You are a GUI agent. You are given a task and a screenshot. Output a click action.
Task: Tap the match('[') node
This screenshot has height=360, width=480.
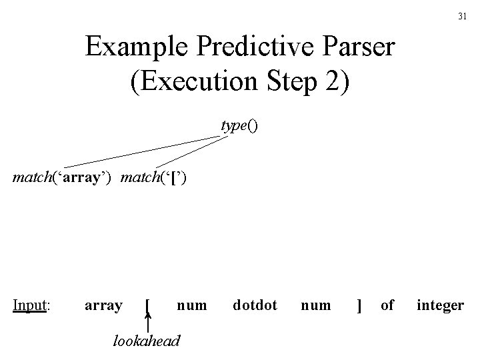click(160, 178)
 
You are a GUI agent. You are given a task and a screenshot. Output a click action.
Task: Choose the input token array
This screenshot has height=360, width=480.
click(103, 305)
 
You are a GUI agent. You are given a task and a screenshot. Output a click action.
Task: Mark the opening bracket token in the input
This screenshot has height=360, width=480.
click(147, 306)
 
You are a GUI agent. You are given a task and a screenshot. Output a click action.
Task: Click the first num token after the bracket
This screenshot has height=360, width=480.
click(192, 305)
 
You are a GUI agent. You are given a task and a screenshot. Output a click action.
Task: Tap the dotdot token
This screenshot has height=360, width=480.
click(255, 305)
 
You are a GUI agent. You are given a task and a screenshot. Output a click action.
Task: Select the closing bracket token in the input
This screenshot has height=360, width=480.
click(359, 306)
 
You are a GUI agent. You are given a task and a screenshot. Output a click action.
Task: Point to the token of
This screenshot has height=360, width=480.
click(387, 305)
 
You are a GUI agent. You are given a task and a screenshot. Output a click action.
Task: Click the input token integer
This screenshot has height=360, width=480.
click(440, 306)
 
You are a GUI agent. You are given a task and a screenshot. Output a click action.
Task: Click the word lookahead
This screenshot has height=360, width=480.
click(145, 341)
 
